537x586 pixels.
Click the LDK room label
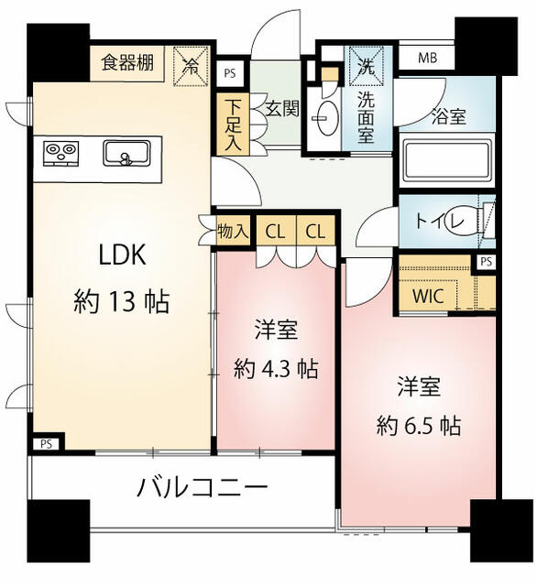[x=122, y=255]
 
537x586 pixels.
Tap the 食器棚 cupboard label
[x=127, y=62]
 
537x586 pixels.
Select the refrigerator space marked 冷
[x=192, y=66]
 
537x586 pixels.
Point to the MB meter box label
[x=427, y=58]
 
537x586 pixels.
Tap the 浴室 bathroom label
[x=449, y=116]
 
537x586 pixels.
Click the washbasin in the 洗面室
[x=325, y=117]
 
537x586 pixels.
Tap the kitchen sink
[x=126, y=153]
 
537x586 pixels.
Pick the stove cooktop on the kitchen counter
[x=61, y=153]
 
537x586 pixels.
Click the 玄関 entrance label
[x=283, y=109]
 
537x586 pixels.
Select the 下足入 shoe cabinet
[x=234, y=125]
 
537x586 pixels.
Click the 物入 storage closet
[x=233, y=232]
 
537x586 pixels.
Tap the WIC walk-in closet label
[x=428, y=297]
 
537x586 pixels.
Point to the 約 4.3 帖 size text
[x=276, y=369]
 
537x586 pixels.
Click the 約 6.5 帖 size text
[x=419, y=425]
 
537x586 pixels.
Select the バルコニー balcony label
[x=203, y=488]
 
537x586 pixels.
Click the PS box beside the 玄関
[x=230, y=73]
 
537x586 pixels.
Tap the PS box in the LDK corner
[x=47, y=444]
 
